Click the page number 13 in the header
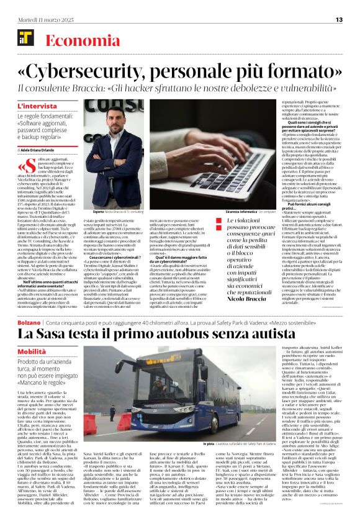pos(339,19)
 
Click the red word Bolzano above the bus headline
pos(29,323)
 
